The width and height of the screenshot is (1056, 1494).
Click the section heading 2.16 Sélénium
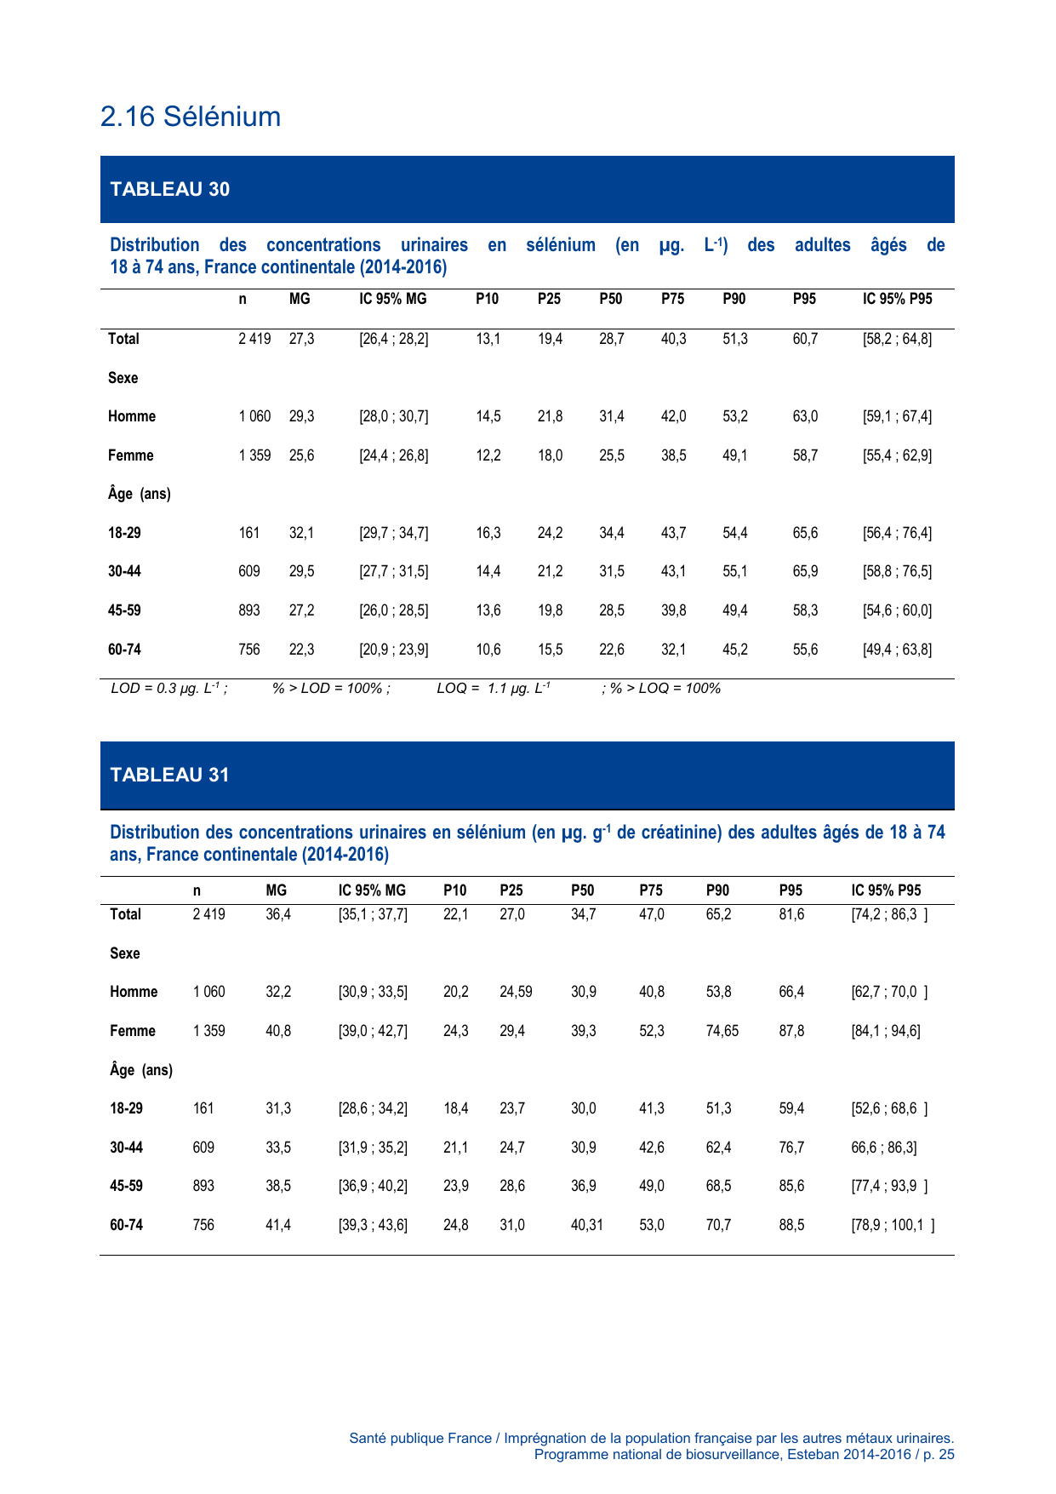191,117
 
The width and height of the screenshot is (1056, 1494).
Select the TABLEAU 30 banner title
170,189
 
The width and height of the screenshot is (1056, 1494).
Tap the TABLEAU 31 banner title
170,775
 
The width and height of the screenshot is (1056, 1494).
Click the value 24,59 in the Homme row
516,992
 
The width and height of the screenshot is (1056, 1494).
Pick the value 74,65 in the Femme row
722,1031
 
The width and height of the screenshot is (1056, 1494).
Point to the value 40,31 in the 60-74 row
586,1225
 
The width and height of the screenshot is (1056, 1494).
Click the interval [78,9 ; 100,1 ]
893,1225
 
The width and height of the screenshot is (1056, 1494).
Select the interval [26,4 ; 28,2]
394,339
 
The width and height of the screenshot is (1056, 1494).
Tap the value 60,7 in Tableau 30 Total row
805,339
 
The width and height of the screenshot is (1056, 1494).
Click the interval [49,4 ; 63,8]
897,650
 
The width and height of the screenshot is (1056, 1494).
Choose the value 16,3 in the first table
488,533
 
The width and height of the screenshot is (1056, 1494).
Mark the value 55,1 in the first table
735,571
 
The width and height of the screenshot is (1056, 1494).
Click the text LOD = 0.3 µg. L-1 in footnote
168,688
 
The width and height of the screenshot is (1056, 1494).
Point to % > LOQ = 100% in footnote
665,688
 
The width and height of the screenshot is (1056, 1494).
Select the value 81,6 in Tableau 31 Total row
791,914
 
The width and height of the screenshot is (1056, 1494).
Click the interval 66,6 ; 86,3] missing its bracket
884,1148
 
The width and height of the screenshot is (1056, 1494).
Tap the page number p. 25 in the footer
938,1454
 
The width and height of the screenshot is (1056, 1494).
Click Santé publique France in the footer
420,1438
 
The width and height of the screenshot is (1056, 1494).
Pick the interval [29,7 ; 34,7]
394,533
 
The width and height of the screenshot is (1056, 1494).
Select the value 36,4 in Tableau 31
278,914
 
